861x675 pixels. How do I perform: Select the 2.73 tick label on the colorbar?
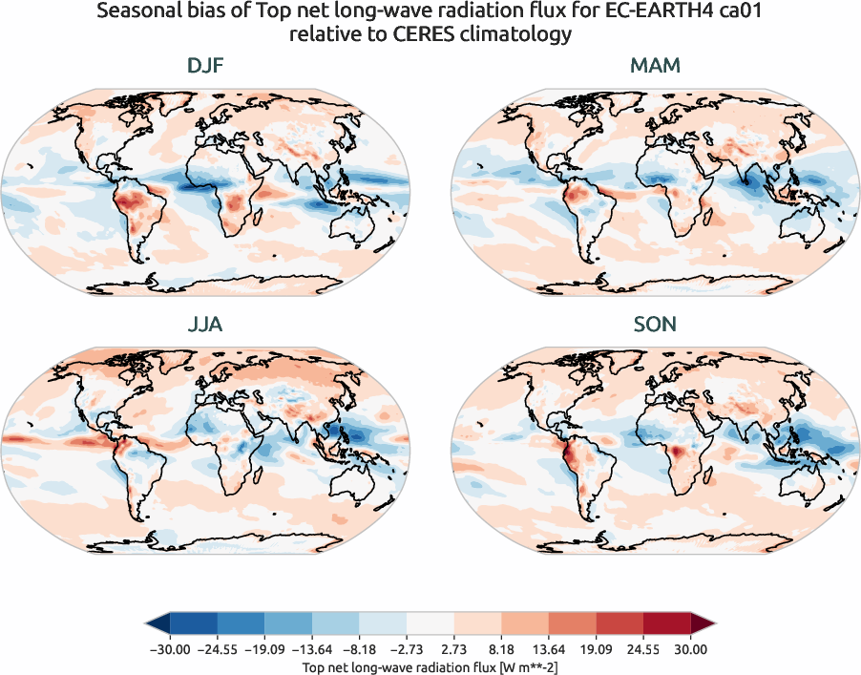pos(456,649)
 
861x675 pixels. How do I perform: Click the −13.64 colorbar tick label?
pos(326,649)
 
